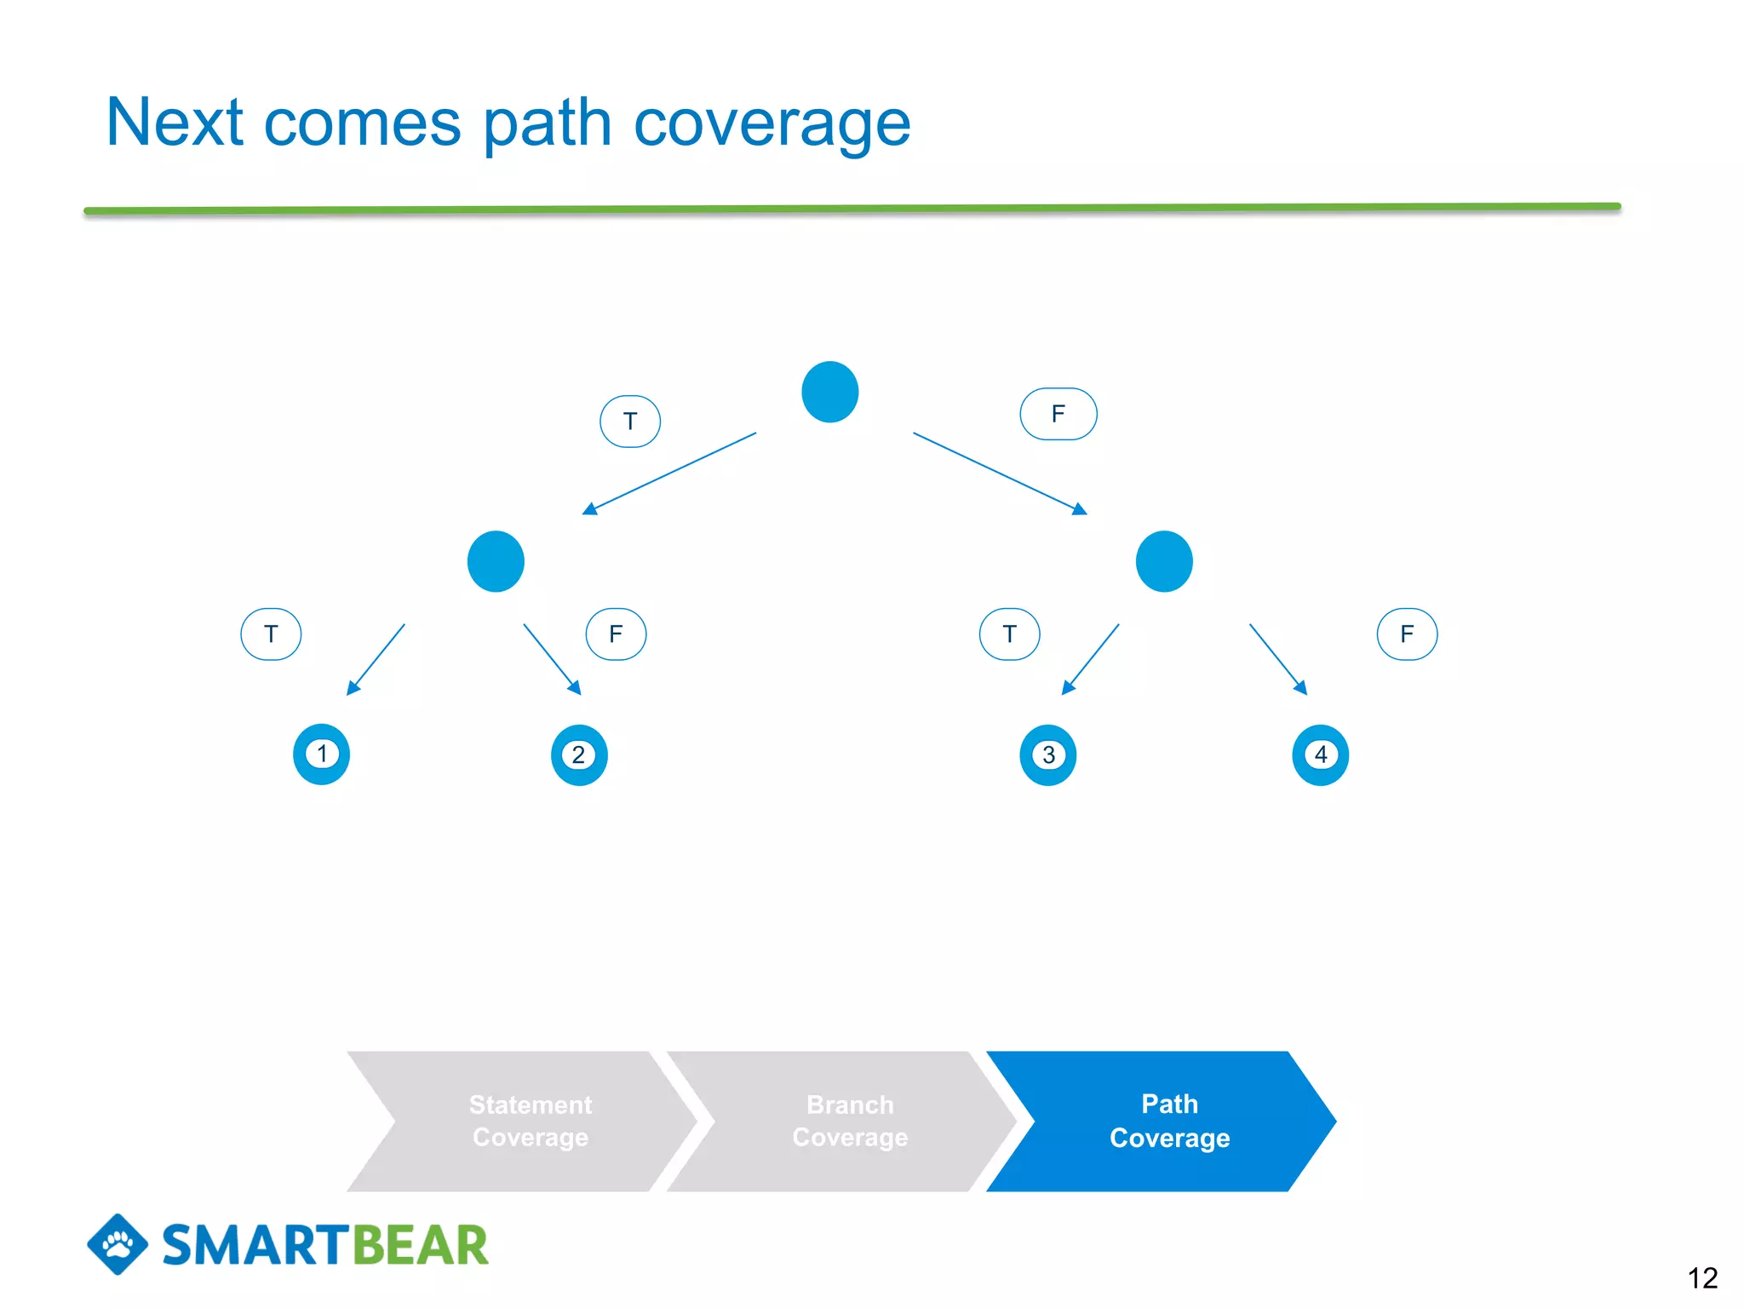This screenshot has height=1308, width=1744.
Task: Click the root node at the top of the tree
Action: pos(829,392)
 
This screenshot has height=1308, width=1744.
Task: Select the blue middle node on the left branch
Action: pos(496,561)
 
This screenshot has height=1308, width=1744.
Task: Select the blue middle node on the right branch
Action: pos(1164,561)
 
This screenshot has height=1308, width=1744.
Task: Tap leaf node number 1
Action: pos(322,754)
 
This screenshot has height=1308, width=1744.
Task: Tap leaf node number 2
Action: pos(579,754)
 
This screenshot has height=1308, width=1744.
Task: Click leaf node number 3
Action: pos(1048,754)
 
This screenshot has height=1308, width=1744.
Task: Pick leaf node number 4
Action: pos(1321,754)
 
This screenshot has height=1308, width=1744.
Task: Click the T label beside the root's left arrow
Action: pos(630,421)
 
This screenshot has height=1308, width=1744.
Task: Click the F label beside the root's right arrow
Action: pos(1058,414)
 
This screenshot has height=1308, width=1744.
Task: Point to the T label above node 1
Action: pos(271,634)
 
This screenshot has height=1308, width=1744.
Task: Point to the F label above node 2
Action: pos(616,634)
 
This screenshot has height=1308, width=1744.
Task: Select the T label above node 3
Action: pos(1009,634)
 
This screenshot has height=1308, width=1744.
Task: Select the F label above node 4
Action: pos(1407,634)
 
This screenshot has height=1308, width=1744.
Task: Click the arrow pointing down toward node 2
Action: pos(552,659)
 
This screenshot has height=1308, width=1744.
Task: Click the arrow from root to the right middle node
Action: pos(999,473)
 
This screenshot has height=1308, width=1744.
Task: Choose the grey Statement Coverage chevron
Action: pos(530,1121)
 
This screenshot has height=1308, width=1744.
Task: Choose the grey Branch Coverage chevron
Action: pos(849,1121)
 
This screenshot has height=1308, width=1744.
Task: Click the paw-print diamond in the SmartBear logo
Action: pos(118,1244)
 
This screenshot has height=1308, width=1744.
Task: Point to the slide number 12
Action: pos(1701,1277)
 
